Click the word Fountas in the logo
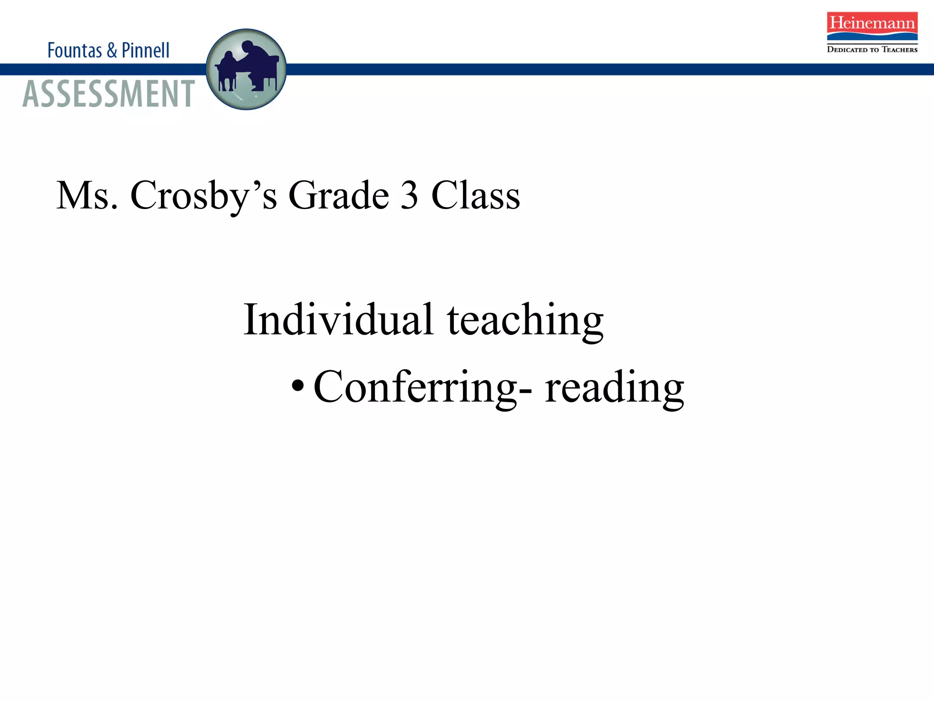74,50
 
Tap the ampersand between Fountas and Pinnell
112,50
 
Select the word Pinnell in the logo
145,50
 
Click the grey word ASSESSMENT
109,94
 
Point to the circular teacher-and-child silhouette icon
246,69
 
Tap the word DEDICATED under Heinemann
847,50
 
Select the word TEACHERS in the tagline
899,50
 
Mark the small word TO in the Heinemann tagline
874,50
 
